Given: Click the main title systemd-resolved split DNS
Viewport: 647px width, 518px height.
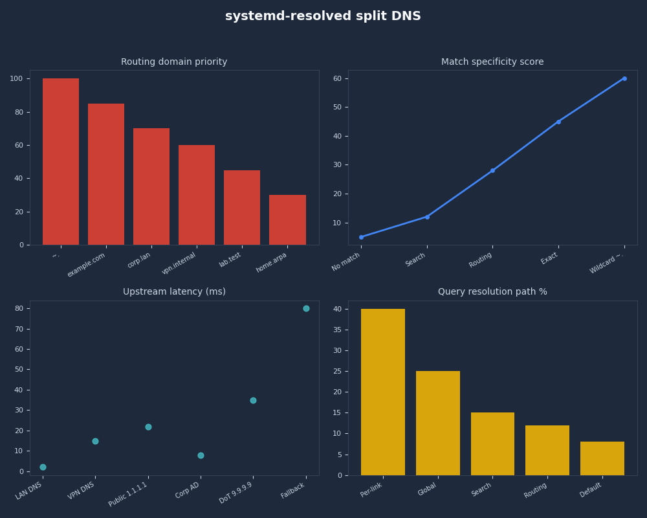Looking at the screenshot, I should click(323, 16).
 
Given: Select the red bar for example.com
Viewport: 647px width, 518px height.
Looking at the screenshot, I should click(106, 174).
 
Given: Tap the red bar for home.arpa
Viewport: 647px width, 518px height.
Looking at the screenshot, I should click(287, 220).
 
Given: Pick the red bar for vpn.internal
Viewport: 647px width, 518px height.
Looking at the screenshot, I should click(197, 195).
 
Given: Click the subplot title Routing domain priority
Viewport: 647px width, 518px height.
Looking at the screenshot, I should click(174, 62).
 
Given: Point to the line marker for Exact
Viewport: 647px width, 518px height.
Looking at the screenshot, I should click(558, 122).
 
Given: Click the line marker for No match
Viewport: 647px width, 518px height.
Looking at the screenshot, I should click(361, 237).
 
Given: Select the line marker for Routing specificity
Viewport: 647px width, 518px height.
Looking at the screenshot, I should click(492, 170).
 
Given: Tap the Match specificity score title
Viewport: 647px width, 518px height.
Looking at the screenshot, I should click(492, 62).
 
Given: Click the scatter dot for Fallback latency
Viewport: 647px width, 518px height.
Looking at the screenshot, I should click(306, 308).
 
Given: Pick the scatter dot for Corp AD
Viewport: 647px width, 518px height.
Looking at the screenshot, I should click(201, 455).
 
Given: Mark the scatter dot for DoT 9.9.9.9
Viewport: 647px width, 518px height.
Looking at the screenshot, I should click(253, 400).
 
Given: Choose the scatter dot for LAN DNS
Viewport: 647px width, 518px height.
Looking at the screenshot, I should click(43, 467).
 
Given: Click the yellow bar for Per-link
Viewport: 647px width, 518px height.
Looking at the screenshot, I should click(383, 392).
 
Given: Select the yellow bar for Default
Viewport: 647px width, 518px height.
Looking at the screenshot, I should click(602, 458).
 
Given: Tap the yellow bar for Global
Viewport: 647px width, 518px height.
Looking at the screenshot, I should click(438, 423).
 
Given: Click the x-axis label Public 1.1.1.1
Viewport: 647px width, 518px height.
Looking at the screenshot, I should click(129, 494).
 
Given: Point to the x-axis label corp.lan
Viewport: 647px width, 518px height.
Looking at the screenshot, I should click(139, 260).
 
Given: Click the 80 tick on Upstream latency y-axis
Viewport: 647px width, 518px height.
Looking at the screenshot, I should click(19, 308).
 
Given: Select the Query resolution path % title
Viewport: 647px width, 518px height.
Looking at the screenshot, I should click(492, 292).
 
